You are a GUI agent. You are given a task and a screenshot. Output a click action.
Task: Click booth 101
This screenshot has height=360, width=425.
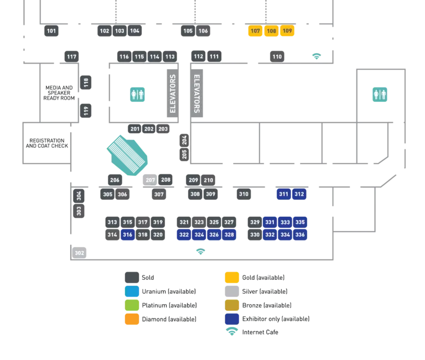51,31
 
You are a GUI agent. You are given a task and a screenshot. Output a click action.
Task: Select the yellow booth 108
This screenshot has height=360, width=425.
271,31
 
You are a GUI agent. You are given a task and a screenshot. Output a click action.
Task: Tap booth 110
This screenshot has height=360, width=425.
277,56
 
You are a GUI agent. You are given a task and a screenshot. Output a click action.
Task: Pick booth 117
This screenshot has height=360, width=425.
71,56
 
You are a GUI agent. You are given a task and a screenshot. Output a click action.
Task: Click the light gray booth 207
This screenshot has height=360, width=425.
151,180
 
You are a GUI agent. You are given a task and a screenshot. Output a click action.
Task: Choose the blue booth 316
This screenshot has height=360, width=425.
128,234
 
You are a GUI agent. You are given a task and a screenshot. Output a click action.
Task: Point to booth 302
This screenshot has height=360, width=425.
80,253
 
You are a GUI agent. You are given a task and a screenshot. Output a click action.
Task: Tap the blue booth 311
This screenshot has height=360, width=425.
283,194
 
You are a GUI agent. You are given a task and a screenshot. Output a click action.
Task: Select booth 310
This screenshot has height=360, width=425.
243,194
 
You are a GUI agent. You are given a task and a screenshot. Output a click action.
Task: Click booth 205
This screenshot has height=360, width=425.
184,154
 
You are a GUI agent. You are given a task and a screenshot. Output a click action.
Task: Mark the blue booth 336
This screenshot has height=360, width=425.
300,234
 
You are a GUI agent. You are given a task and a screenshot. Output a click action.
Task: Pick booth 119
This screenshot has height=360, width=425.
86,111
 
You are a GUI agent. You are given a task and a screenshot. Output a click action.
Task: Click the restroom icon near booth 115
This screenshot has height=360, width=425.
137,95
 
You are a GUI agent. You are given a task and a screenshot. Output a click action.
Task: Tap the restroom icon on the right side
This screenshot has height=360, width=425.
380,95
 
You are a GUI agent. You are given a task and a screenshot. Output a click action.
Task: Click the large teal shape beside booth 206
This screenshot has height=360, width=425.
129,155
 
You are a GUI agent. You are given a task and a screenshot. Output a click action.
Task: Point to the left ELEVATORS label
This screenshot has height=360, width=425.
173,93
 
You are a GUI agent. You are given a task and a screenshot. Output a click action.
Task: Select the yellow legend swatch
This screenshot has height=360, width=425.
232,278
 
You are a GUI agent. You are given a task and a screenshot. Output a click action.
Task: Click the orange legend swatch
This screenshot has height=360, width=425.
132,319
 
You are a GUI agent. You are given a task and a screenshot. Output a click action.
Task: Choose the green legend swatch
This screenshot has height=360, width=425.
132,305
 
